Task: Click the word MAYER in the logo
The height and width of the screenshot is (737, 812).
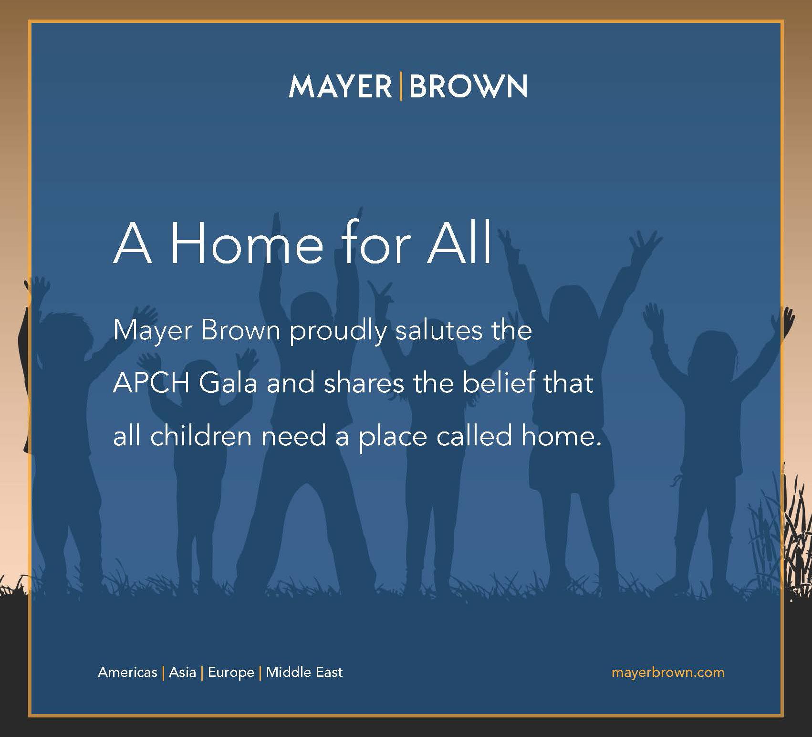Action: [340, 86]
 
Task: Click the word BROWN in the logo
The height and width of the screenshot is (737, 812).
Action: [468, 86]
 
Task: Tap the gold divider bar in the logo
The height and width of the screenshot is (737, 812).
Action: [400, 86]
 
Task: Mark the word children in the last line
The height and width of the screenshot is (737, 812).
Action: [200, 435]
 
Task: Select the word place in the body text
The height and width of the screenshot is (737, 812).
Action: [393, 438]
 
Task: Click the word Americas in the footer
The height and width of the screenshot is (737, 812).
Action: [127, 672]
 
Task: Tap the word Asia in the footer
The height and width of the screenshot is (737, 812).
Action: [182, 672]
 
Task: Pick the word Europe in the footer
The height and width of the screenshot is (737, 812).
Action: [231, 673]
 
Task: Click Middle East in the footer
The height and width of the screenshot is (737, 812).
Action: [304, 672]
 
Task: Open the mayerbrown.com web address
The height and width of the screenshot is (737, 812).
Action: [668, 673]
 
